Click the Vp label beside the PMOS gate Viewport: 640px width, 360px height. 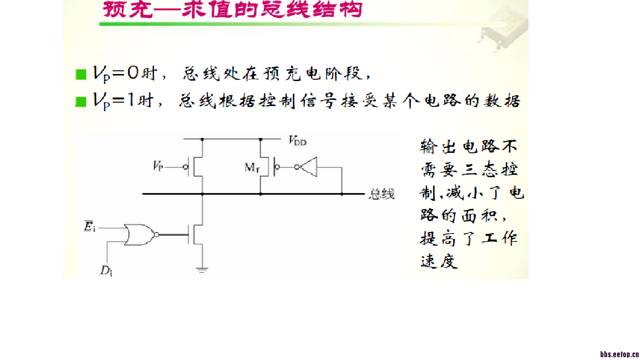(158, 166)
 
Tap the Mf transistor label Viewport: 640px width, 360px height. (252, 167)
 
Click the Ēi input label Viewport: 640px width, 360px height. (89, 228)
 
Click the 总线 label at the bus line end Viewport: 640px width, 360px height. (382, 194)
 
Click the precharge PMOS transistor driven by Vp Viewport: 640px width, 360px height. (197, 167)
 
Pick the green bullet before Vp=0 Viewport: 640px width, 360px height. (81, 75)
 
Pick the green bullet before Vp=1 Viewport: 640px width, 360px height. (81, 102)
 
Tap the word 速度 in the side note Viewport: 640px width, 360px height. (439, 261)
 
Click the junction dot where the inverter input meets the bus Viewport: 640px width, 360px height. (342, 194)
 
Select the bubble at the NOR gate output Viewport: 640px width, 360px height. (156, 234)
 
